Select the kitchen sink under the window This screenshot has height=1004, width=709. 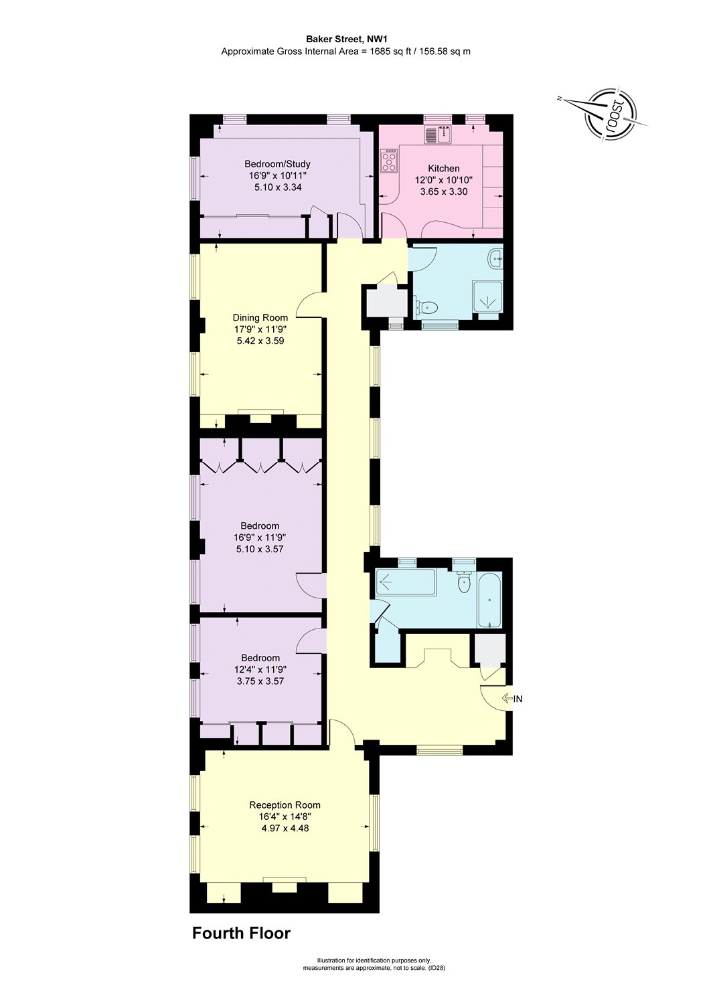439,135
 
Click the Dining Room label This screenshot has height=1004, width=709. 260,318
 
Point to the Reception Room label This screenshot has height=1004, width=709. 285,805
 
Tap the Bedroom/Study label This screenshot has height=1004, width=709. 277,164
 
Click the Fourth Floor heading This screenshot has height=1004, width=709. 241,933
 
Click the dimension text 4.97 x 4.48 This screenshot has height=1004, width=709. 285,828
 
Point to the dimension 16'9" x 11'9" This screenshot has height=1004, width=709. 260,537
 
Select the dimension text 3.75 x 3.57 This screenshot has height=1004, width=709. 260,681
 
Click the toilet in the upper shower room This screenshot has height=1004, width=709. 426,307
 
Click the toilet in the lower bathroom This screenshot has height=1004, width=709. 463,583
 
